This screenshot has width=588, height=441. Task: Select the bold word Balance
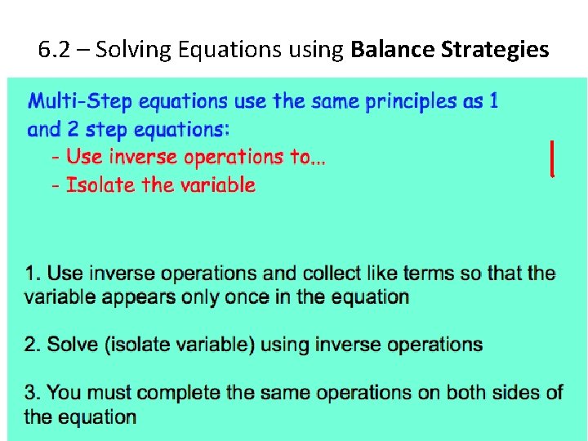392,50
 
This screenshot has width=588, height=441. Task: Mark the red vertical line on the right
553,158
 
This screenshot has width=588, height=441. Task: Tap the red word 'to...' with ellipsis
308,157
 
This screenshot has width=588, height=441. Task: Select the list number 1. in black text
33,274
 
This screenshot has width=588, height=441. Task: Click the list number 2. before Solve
33,345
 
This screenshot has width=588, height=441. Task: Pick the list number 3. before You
33,393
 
